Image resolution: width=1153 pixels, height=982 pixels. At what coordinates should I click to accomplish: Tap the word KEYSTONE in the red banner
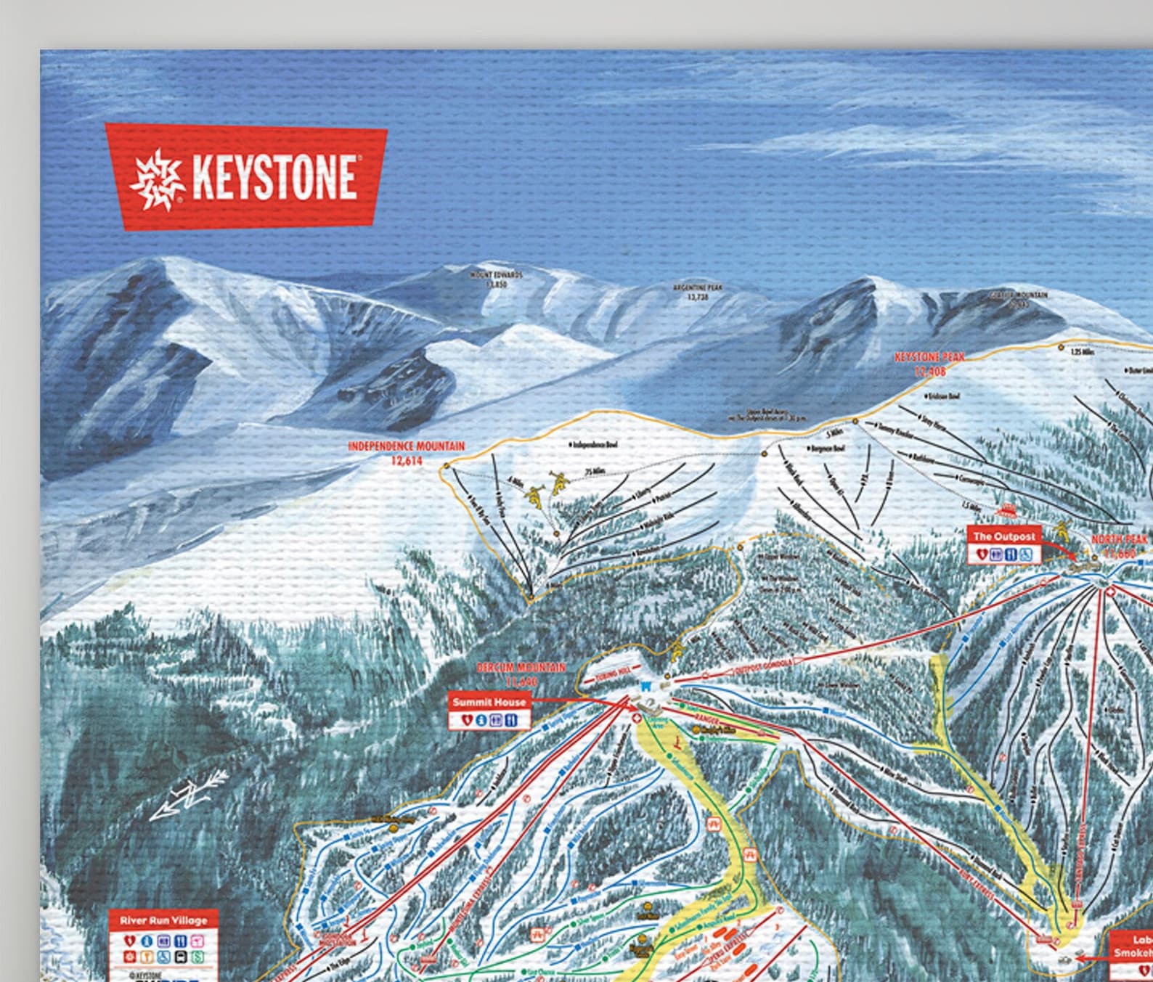pyautogui.click(x=274, y=179)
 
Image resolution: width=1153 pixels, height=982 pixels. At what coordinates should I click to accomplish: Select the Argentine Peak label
pyautogui.click(x=697, y=292)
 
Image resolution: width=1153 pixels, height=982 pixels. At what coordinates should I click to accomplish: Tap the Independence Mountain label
pyautogui.click(x=406, y=452)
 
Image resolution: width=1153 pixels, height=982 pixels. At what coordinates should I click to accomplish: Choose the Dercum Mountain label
pyautogui.click(x=521, y=673)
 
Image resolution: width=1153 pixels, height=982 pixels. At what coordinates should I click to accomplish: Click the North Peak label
pyautogui.click(x=1120, y=545)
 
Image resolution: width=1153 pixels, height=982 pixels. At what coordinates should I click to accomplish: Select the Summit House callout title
pyautogui.click(x=489, y=702)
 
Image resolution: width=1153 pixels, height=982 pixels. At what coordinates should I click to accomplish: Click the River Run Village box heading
pyautogui.click(x=163, y=920)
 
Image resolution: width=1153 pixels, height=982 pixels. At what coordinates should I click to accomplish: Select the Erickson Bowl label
pyautogui.click(x=942, y=396)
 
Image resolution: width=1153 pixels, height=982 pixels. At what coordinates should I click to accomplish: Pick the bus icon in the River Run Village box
pyautogui.click(x=197, y=941)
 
